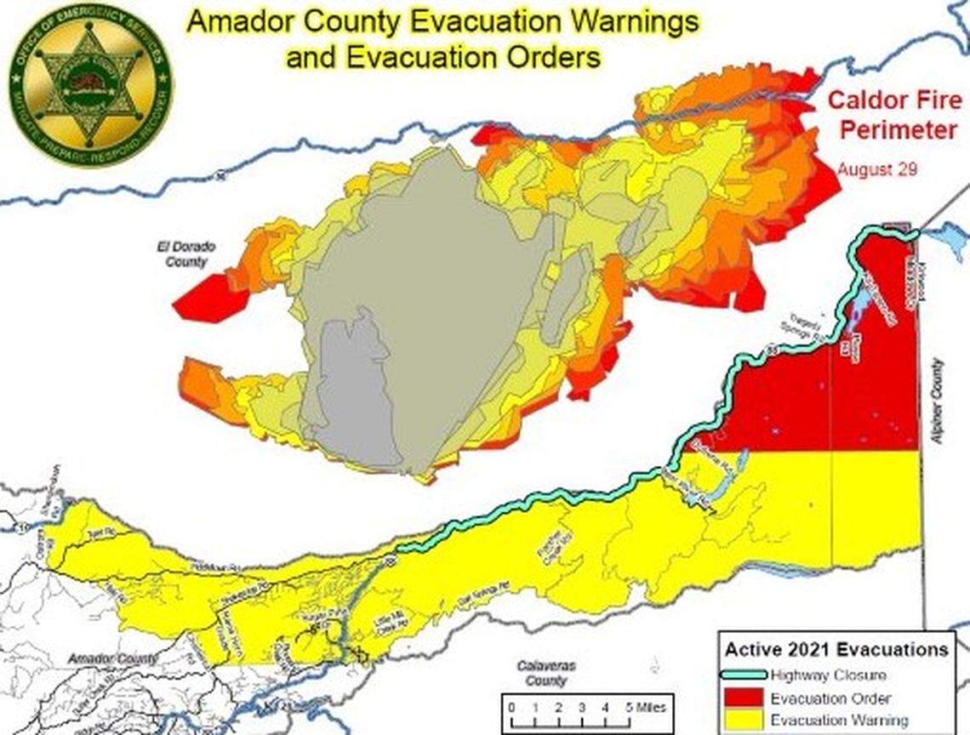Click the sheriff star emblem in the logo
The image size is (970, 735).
[89, 85]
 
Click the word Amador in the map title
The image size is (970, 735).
[232, 22]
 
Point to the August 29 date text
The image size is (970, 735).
[876, 169]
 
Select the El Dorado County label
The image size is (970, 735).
[185, 254]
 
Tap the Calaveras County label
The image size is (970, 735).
[544, 674]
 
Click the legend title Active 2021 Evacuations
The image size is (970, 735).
[836, 650]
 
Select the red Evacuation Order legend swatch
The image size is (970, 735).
[745, 698]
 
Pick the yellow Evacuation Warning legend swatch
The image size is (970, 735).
[745, 720]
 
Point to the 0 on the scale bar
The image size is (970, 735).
[510, 705]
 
